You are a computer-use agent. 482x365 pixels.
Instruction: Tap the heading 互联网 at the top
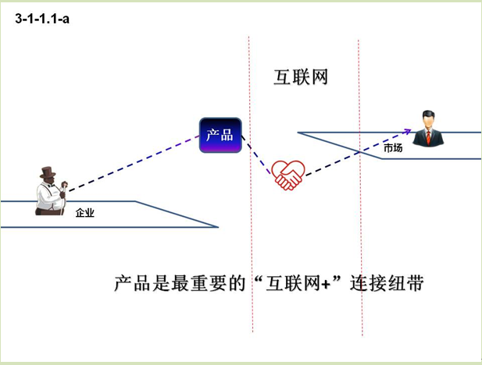point(299,78)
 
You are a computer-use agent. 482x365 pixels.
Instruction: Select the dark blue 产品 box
point(220,134)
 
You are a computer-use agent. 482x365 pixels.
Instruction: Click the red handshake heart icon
point(287,175)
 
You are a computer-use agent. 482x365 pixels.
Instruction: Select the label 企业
point(84,212)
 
